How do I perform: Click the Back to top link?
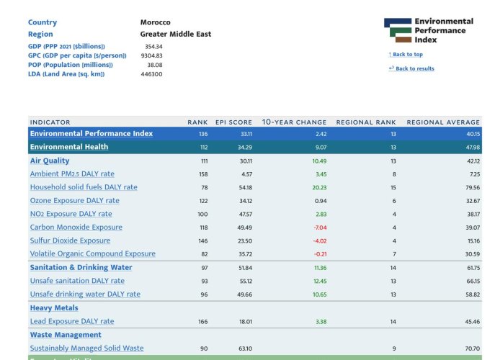tap(406, 54)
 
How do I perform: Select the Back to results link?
tap(411, 68)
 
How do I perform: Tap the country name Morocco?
tap(156, 22)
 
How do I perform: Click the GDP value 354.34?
tap(153, 46)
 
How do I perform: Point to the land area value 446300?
tap(151, 74)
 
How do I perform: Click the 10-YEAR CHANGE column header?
tap(294, 122)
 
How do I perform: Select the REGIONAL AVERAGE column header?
tap(443, 122)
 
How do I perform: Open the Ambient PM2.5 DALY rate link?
tap(72, 174)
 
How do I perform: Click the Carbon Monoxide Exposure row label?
tap(76, 228)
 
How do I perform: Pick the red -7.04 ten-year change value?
tap(320, 228)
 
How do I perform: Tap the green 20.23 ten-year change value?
tap(319, 187)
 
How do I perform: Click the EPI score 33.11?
tap(246, 134)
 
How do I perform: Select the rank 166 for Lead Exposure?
tap(203, 322)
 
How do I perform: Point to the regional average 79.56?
tap(473, 187)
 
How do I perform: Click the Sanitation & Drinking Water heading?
tap(81, 267)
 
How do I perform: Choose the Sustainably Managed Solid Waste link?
tap(86, 348)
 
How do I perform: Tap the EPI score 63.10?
tap(245, 348)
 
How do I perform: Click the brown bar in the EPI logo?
tap(403, 40)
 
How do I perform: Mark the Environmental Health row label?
tap(69, 147)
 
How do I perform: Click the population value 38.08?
tap(155, 65)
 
